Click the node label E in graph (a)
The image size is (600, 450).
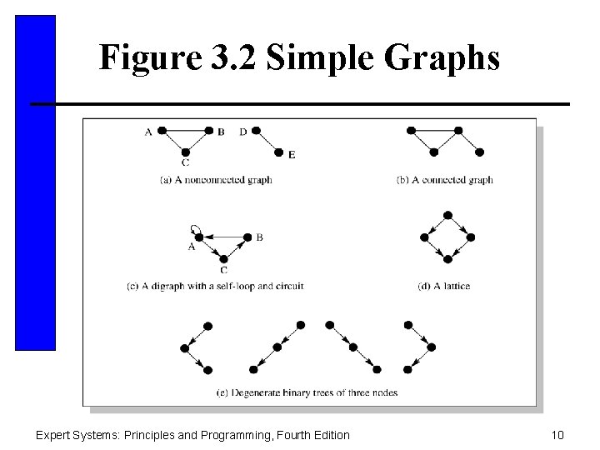291,154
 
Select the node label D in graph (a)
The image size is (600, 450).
242,131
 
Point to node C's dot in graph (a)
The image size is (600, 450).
185,152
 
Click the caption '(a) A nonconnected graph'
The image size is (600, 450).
215,179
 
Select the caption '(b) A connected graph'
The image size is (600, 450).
444,179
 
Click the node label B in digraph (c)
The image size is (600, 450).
260,237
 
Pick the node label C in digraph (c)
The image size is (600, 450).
223,269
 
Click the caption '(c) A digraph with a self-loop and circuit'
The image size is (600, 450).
214,286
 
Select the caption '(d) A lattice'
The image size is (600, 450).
443,286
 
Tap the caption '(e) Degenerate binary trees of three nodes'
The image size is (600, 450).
307,392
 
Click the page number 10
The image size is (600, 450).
557,434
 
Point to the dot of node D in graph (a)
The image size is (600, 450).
256,131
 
